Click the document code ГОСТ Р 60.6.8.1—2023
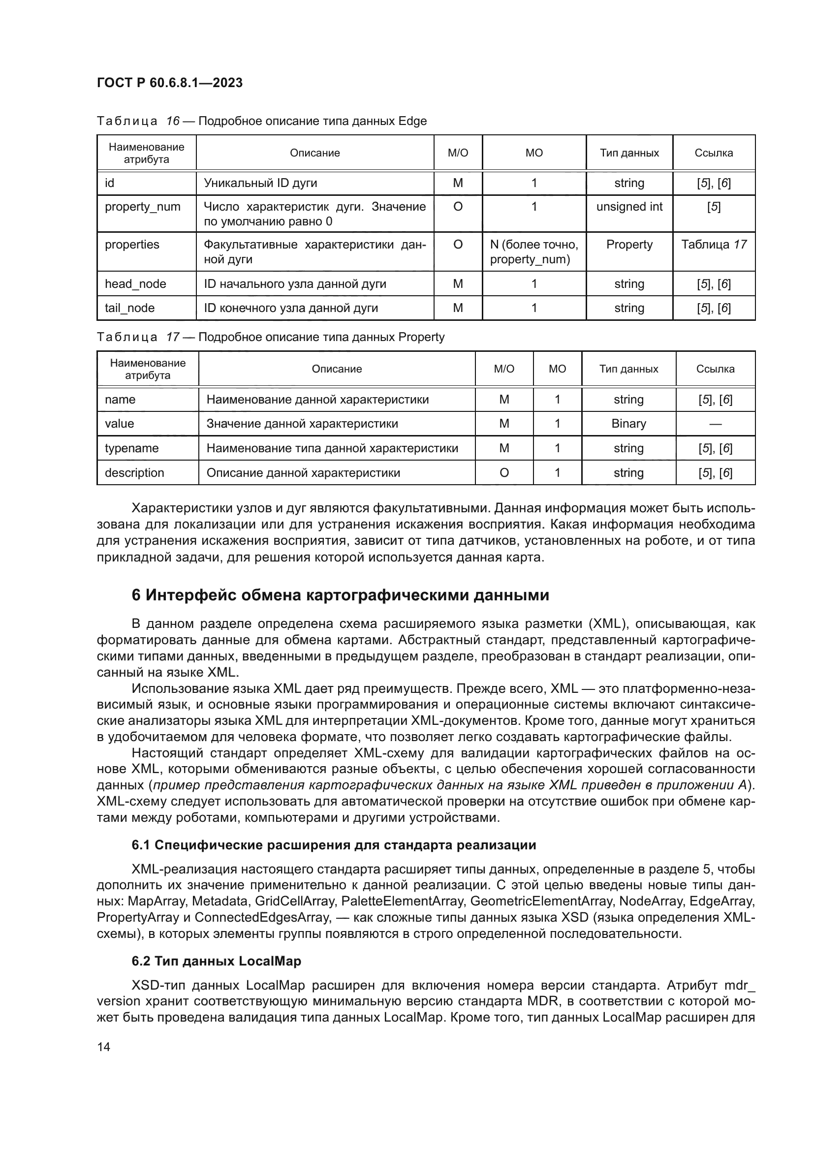pos(169,83)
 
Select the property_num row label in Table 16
pos(142,207)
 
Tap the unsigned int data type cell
pos(629,207)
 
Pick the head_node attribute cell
pos(135,284)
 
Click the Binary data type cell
pos(628,424)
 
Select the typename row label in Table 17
pos(131,448)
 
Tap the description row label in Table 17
pos(134,473)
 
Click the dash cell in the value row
pos(715,424)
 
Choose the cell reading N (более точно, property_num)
pos(534,251)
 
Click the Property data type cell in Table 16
pos(629,245)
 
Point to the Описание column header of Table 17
pos(336,369)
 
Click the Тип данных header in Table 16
pos(629,153)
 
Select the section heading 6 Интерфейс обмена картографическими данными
pos(341,595)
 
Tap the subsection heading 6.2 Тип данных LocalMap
pos(216,961)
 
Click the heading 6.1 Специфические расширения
pos(333,845)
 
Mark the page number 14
pos(104,1047)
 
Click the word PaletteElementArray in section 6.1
pos(402,901)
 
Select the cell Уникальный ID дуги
pos(260,183)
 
